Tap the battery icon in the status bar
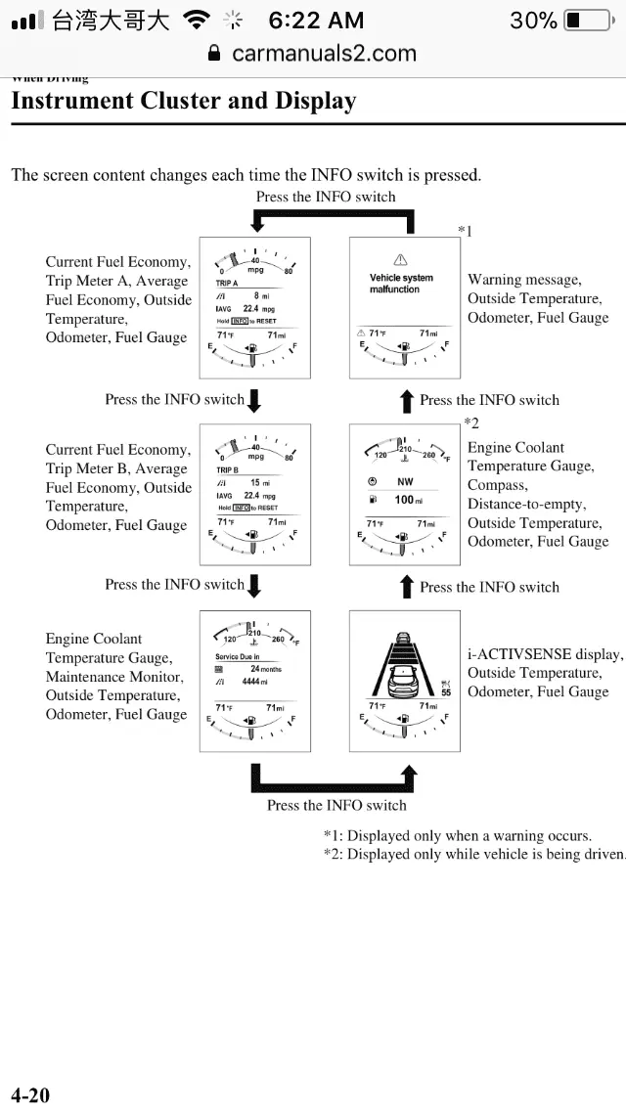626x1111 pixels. tap(588, 20)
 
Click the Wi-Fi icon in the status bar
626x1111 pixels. tap(200, 20)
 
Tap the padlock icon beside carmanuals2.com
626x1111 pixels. tap(215, 54)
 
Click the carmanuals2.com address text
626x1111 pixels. tap(324, 54)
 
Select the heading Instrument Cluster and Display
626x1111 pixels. tap(183, 101)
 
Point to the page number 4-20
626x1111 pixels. tap(30, 1094)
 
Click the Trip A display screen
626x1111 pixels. tap(254, 307)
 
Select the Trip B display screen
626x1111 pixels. tap(254, 494)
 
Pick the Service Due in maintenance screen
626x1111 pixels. tap(254, 682)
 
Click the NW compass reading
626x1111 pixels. tap(404, 481)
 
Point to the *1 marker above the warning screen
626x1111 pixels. tap(465, 231)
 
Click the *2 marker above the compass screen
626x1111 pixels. tap(471, 422)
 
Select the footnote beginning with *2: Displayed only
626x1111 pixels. tap(474, 854)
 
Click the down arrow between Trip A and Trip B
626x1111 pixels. tap(254, 400)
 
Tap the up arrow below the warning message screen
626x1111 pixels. tap(406, 400)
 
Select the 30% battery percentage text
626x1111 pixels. tap(533, 20)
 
